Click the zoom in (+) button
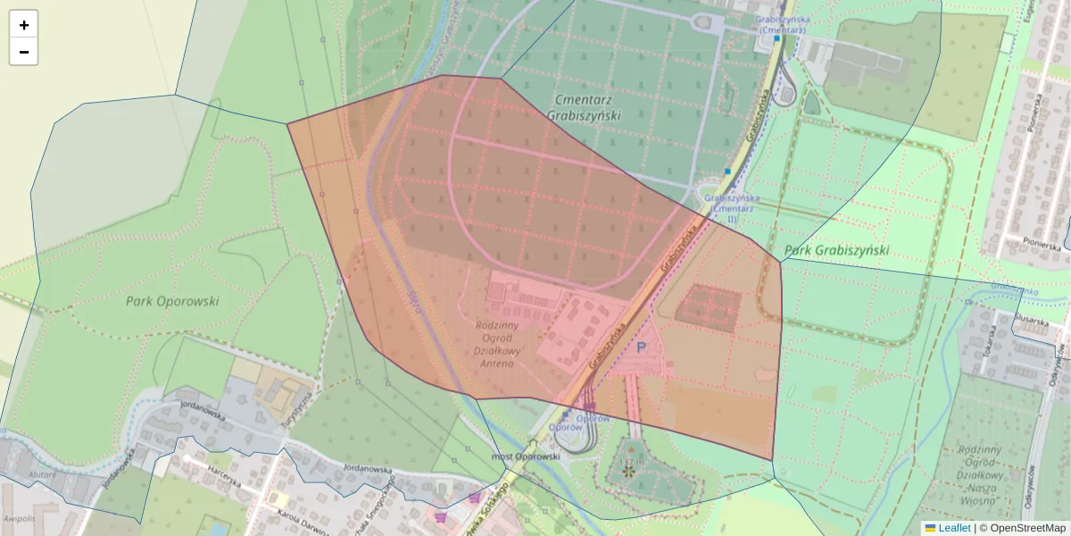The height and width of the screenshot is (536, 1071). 24,25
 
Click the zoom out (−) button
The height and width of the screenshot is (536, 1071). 24,52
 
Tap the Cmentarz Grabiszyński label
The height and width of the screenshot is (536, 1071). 586,107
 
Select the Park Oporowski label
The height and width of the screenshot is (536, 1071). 172,301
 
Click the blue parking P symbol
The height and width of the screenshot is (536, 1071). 641,348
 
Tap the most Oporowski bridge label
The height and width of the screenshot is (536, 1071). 527,456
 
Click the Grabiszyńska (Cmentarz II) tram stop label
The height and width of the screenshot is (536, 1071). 731,208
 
